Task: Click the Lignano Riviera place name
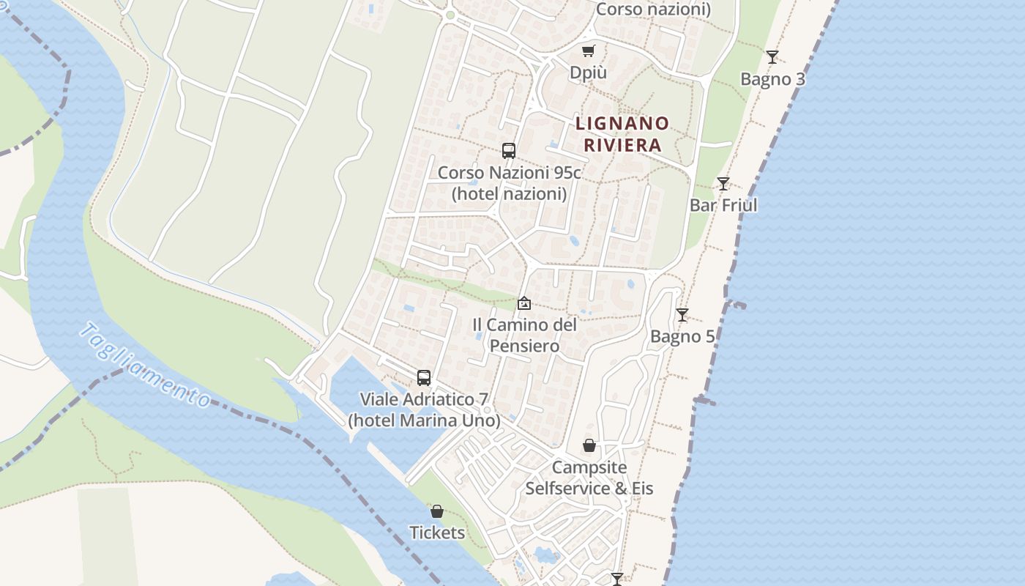[622, 134]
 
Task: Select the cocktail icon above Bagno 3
[772, 57]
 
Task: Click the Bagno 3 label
[772, 79]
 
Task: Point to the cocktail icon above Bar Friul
[723, 184]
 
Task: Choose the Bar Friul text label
[723, 205]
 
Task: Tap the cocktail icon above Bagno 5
[682, 315]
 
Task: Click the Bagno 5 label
[682, 337]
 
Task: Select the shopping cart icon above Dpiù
[589, 51]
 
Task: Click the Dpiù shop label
[589, 73]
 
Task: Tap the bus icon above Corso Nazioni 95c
[509, 151]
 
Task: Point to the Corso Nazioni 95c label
[509, 183]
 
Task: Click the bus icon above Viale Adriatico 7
[424, 378]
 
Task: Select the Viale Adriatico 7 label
[424, 410]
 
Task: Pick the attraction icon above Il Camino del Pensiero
[524, 303]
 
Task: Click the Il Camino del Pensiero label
[524, 335]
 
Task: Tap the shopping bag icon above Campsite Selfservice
[589, 445]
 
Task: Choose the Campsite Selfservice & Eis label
[589, 478]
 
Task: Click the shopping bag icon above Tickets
[437, 511]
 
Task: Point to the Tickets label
[437, 533]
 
